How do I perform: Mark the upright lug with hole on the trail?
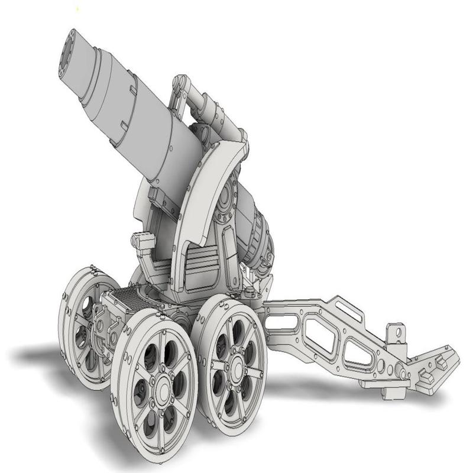pyautogui.click(x=397, y=335)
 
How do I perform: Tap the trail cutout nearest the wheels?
pyautogui.click(x=283, y=323)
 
